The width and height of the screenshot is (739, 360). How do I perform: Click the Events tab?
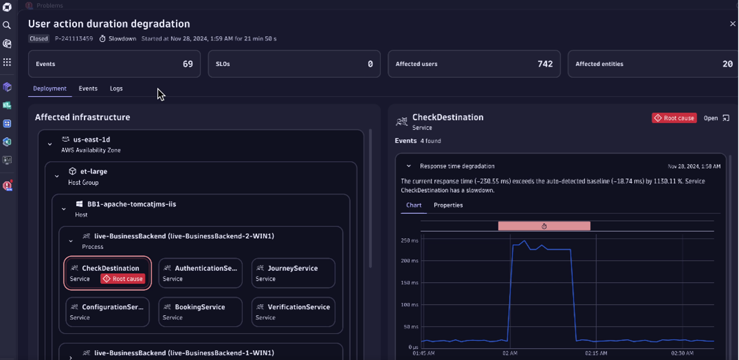[88, 89]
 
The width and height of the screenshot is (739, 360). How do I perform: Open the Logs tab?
[116, 89]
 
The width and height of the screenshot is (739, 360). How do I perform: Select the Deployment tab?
[50, 89]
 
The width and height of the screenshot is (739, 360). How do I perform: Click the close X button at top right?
[733, 24]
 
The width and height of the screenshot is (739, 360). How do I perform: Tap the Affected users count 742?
[545, 64]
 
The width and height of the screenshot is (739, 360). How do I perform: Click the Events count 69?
[188, 64]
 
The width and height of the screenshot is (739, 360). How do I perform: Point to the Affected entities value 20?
[727, 64]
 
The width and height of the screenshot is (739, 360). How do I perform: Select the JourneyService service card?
[293, 273]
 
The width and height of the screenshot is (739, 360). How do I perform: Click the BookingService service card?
[200, 312]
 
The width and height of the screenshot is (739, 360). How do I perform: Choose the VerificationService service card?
[293, 312]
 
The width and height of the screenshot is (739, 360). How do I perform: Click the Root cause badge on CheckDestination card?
[123, 279]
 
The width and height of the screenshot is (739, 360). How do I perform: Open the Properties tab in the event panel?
[448, 205]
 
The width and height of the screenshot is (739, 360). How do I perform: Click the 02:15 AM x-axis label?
[595, 353]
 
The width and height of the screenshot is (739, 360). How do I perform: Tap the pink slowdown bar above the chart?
[544, 226]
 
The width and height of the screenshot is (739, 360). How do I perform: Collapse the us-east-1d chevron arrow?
[50, 144]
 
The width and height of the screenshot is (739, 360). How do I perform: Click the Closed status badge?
[39, 39]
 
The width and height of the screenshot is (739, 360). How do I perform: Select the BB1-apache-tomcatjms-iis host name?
[131, 204]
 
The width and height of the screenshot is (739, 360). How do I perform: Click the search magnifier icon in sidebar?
[7, 25]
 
